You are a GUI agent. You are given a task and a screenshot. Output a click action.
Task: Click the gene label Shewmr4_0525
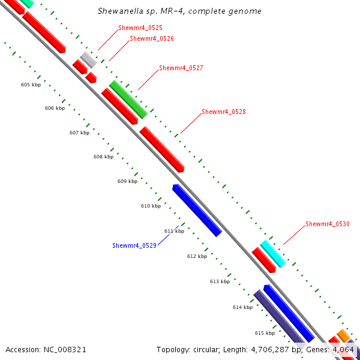[140, 28]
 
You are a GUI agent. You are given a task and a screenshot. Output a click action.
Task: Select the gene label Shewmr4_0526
[152, 38]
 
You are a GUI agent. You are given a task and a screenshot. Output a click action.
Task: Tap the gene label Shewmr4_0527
[181, 68]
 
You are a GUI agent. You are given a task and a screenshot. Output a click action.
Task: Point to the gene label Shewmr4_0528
[223, 112]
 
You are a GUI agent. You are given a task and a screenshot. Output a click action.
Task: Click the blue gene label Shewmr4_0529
[134, 245]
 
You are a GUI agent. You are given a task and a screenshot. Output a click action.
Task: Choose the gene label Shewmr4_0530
[327, 224]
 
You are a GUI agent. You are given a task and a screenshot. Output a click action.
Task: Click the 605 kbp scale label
[30, 85]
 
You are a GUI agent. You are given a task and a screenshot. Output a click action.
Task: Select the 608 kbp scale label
[103, 157]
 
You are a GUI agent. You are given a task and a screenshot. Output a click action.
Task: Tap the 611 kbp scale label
[174, 231]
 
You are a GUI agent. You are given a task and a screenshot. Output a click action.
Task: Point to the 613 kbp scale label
[220, 281]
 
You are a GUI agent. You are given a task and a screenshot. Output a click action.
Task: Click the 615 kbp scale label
[265, 333]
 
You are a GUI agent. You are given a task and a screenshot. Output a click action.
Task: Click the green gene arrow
[128, 99]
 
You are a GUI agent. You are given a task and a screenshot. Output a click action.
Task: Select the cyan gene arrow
[272, 253]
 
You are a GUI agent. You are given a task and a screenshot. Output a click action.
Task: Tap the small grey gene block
[88, 59]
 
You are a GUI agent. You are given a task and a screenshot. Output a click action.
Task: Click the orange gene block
[343, 335]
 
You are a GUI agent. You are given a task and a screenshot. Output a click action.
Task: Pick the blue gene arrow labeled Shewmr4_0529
[197, 210]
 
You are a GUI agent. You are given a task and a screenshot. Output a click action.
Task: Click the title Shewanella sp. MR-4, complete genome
[179, 11]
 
